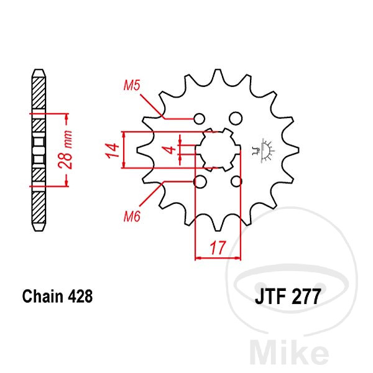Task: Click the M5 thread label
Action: click(132, 85)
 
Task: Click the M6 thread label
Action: click(132, 216)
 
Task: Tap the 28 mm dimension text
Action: click(66, 150)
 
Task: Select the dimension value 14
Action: click(113, 150)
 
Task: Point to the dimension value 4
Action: click(170, 150)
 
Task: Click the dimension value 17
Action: click(218, 247)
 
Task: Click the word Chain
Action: click(43, 297)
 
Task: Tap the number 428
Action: click(80, 297)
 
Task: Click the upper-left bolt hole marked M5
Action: click(199, 119)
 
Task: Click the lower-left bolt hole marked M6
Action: click(200, 182)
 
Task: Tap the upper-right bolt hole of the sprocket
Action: click(236, 118)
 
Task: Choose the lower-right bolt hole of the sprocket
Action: click(236, 182)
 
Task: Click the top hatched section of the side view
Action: click(39, 93)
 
